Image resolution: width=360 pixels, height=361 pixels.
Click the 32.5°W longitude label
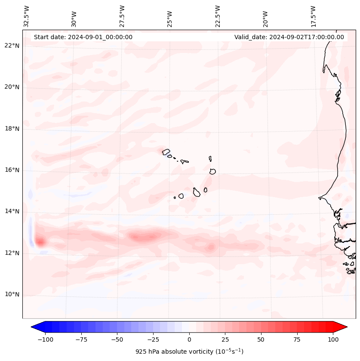(27, 16)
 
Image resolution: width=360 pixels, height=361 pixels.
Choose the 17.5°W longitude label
(313, 16)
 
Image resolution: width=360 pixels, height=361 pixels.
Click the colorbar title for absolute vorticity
(189, 352)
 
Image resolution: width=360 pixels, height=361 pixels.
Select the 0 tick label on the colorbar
(189, 339)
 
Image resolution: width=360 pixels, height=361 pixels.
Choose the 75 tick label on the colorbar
(297, 339)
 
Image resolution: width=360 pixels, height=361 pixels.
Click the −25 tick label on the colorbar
(153, 339)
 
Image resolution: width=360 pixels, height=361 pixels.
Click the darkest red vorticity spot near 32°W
(40, 242)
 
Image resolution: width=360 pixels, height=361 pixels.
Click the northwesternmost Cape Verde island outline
(166, 151)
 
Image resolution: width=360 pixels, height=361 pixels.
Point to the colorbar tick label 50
(261, 339)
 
